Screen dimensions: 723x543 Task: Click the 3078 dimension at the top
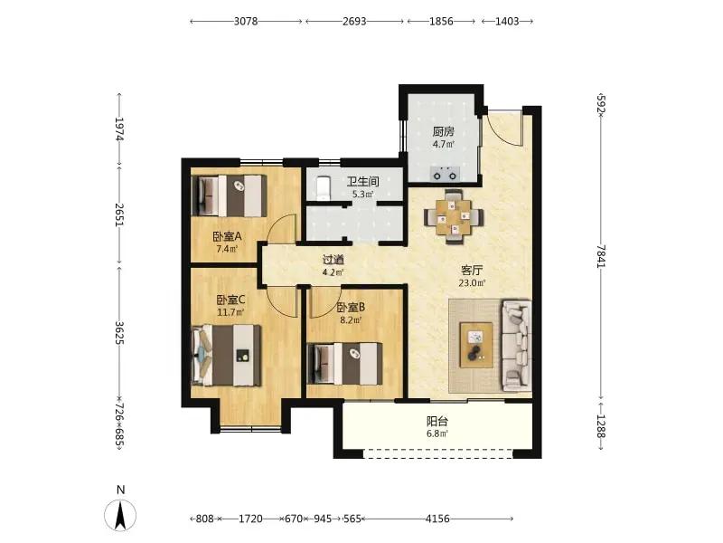(x=246, y=21)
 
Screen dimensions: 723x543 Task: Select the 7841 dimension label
(x=600, y=255)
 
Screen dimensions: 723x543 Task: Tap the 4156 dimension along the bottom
(x=437, y=519)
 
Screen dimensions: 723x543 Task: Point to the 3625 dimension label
(x=119, y=332)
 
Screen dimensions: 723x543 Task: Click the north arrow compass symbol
(x=120, y=515)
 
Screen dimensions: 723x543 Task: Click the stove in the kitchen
(x=445, y=175)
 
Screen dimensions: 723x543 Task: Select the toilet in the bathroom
(x=324, y=188)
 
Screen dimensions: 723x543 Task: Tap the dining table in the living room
(x=454, y=216)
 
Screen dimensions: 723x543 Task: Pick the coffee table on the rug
(x=476, y=345)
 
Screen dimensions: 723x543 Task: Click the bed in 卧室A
(x=230, y=195)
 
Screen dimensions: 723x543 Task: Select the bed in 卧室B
(x=344, y=364)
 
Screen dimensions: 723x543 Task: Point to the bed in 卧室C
(x=227, y=355)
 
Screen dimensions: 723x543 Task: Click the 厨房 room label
(x=444, y=131)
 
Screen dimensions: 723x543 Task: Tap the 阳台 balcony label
(x=437, y=422)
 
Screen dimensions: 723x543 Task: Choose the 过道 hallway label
(x=333, y=260)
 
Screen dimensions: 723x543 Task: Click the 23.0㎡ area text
(x=472, y=282)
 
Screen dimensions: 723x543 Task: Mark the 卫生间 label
(x=363, y=182)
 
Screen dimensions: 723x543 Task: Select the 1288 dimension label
(x=600, y=425)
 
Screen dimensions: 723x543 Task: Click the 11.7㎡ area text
(x=230, y=312)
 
